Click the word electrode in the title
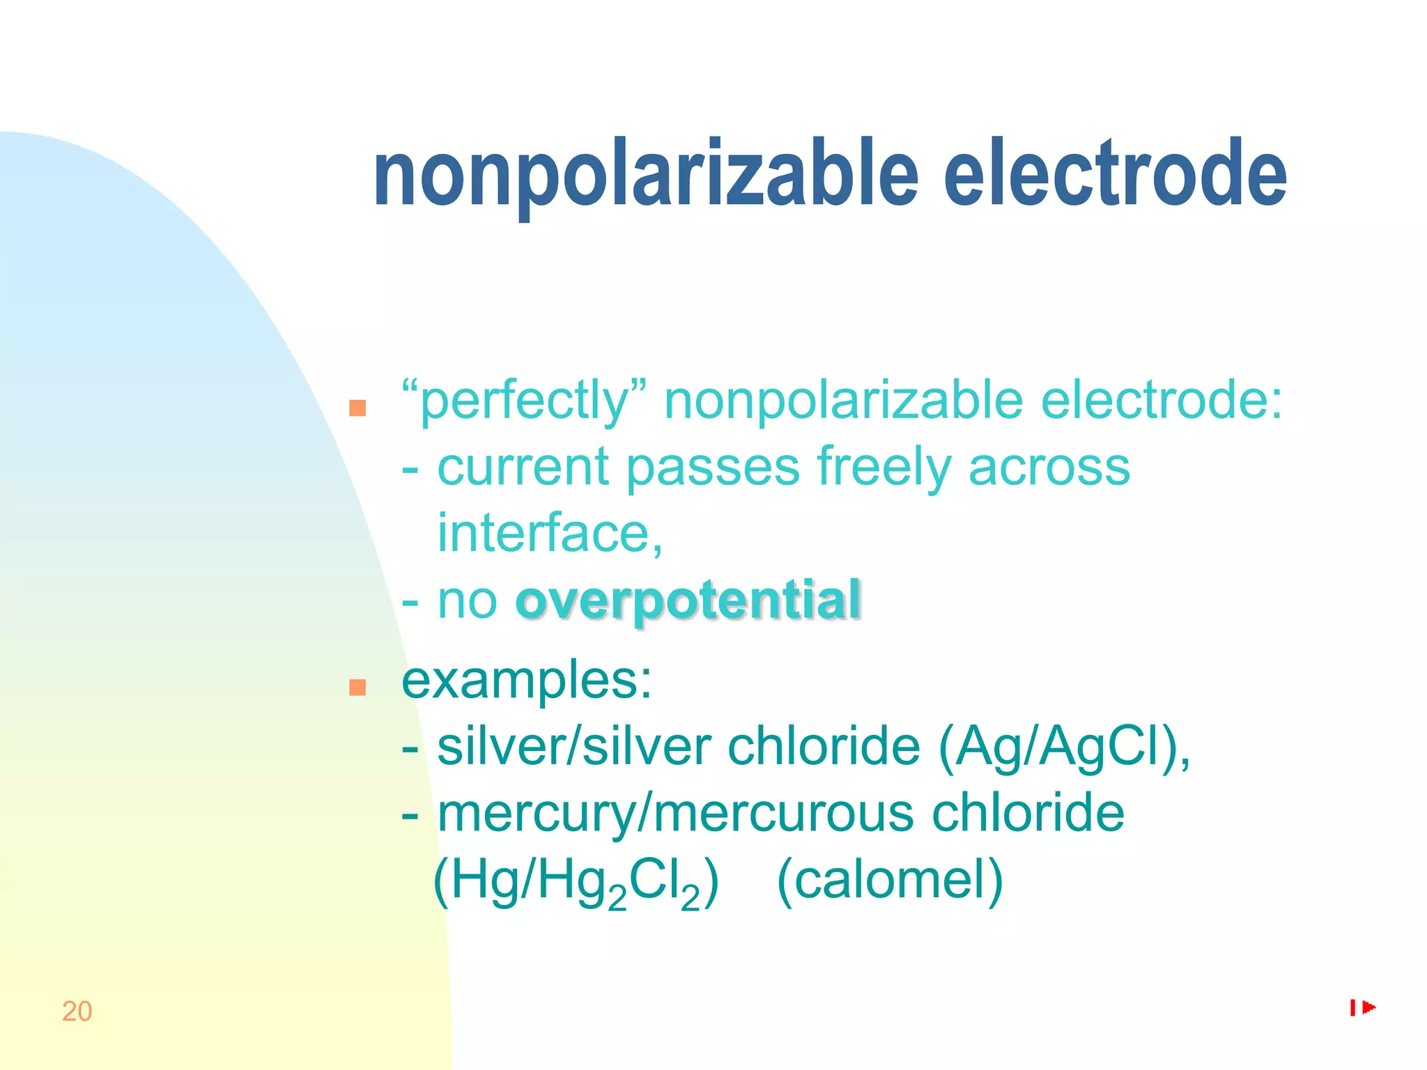(1115, 174)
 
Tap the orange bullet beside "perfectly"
(357, 408)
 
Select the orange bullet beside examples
(357, 688)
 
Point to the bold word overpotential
(688, 600)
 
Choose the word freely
(884, 467)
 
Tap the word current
(523, 467)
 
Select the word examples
(527, 681)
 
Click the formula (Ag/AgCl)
(1063, 747)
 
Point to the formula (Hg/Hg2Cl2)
(576, 881)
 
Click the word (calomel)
(890, 880)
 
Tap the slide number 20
(77, 1011)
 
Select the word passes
(712, 467)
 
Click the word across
(1049, 467)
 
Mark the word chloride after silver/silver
(824, 747)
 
